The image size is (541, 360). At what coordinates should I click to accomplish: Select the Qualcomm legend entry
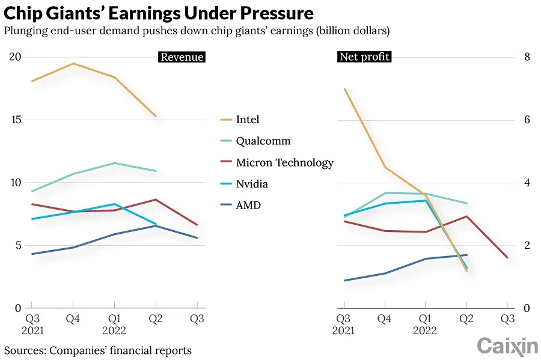pyautogui.click(x=263, y=141)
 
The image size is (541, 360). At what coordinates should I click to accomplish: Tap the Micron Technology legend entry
pyautogui.click(x=284, y=163)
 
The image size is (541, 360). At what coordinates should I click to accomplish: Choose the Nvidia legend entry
pyautogui.click(x=252, y=184)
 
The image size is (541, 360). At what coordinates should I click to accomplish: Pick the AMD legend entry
pyautogui.click(x=248, y=206)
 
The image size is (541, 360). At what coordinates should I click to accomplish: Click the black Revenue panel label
pyautogui.click(x=182, y=57)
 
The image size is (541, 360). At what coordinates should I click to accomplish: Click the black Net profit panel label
pyautogui.click(x=364, y=57)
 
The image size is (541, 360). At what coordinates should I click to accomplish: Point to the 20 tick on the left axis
pyautogui.click(x=15, y=57)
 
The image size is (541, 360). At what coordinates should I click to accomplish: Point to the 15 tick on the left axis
pyautogui.click(x=15, y=120)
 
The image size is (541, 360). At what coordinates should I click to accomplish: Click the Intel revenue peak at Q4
pyautogui.click(x=73, y=63)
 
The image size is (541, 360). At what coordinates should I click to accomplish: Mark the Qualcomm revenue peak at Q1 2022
pyautogui.click(x=114, y=163)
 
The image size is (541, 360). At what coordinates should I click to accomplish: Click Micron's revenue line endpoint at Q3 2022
pyautogui.click(x=197, y=225)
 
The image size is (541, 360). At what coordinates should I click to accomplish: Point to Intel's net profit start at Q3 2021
pyautogui.click(x=344, y=89)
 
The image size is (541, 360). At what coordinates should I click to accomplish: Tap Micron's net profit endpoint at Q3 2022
pyautogui.click(x=507, y=258)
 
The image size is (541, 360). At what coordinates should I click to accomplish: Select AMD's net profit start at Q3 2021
pyautogui.click(x=344, y=281)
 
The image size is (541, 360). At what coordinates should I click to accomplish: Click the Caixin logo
pyautogui.click(x=507, y=346)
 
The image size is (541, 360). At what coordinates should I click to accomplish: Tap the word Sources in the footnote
pyautogui.click(x=25, y=350)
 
